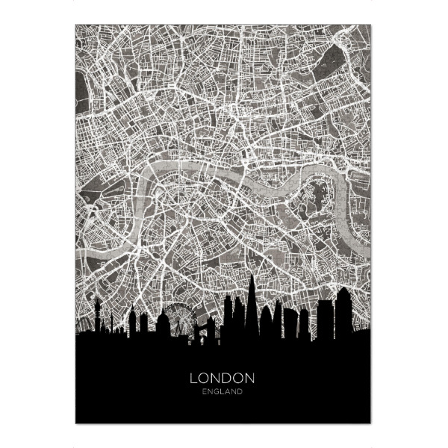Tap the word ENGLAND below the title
223,391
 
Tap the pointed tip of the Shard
252,276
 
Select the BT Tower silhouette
97,310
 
